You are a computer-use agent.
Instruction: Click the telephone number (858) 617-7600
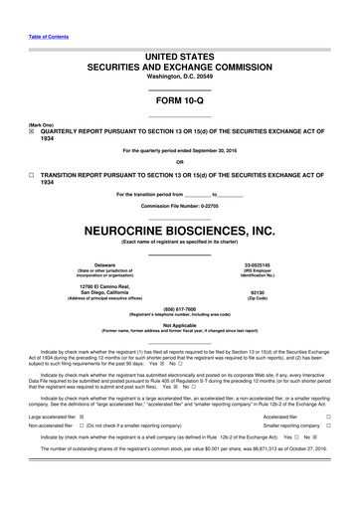pos(180,308)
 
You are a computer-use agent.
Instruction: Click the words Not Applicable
pos(180,324)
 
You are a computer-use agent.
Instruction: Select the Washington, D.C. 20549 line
pos(180,77)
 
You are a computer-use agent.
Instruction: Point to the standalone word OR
pos(180,163)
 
